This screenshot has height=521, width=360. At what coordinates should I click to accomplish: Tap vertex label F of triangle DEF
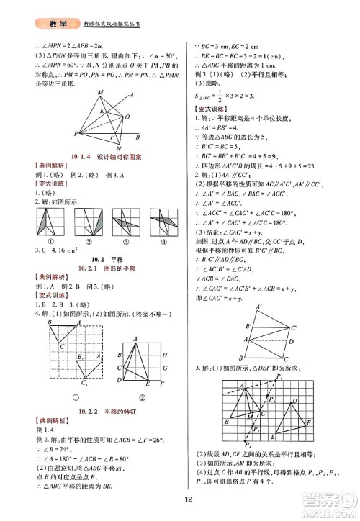(308, 421)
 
